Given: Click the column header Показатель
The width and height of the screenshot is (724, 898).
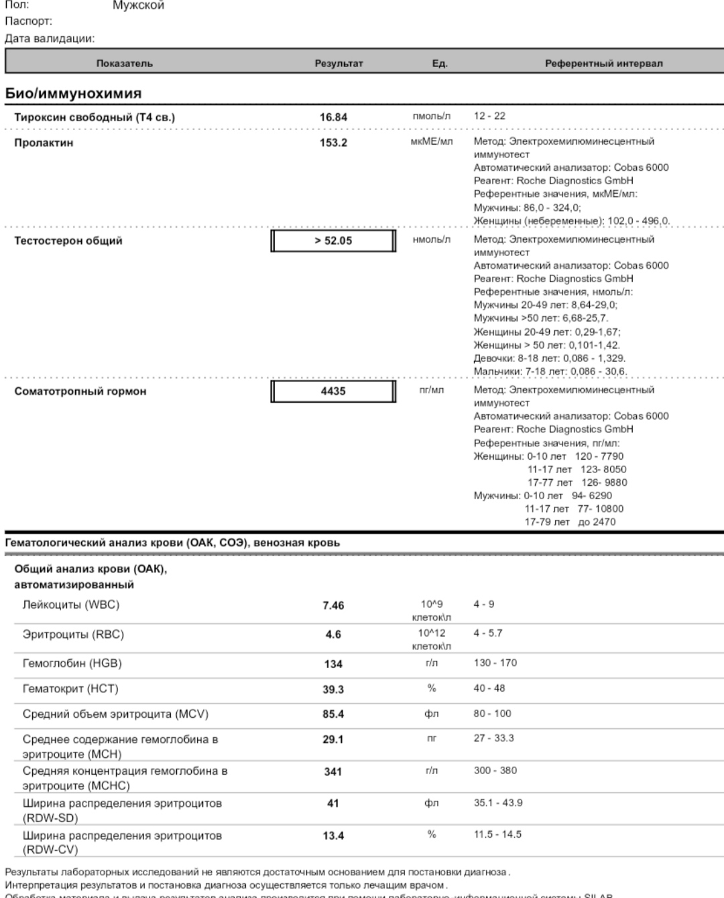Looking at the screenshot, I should point(125,64).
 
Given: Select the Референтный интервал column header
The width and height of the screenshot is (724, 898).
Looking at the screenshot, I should point(603,64).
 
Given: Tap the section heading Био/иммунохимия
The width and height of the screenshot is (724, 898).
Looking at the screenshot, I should point(73,93).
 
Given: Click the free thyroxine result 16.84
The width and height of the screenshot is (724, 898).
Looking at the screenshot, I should point(333,117).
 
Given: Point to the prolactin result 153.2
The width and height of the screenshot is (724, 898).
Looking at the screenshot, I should point(333,143).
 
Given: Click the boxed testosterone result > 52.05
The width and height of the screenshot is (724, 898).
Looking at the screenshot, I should point(333,241).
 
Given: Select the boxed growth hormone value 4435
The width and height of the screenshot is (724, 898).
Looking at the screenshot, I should point(333,391).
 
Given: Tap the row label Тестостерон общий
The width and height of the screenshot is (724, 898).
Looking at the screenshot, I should point(68,241).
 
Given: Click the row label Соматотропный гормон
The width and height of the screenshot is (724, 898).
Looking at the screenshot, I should point(80,391).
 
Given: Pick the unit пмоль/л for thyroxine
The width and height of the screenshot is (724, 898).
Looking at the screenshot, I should point(432,116).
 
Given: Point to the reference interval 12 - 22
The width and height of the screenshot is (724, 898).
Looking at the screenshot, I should point(489,116).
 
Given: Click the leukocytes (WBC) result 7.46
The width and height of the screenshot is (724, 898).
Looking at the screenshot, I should point(333,606).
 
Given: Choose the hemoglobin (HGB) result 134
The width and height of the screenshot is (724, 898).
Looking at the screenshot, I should point(333,664).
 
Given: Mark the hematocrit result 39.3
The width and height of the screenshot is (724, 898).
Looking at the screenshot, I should point(333,690).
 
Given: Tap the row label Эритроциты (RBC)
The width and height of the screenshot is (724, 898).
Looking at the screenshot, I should point(73,634).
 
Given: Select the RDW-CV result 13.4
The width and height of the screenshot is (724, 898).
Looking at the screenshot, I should point(333,836).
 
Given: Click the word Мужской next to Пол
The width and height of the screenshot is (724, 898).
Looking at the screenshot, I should point(138,5).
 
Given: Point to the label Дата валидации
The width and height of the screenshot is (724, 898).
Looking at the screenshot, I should point(50,38).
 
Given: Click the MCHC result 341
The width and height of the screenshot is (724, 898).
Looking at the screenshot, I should point(333,772).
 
